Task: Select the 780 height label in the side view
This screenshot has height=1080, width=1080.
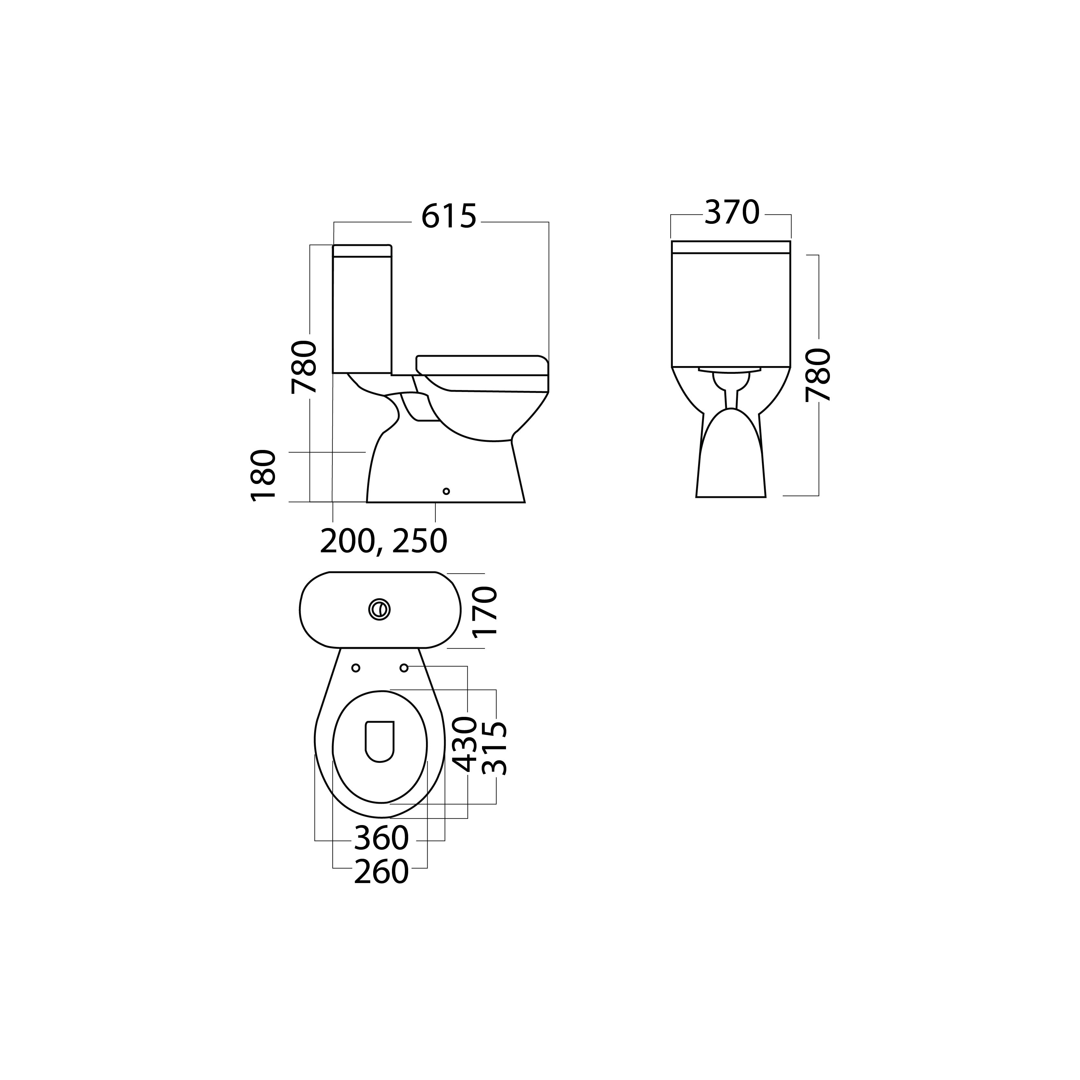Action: tap(304, 367)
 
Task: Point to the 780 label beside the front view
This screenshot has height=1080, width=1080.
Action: tap(818, 374)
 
